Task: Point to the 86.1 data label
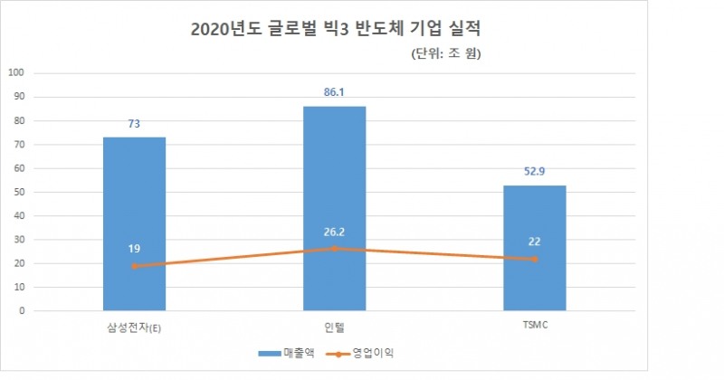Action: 335,94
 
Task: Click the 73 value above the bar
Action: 134,125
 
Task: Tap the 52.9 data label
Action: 535,173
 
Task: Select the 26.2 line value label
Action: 335,231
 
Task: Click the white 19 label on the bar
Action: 134,248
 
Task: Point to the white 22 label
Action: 535,241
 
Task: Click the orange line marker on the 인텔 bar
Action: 335,248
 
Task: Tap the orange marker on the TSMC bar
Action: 535,259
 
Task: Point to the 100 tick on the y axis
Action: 17,73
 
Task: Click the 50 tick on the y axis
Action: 20,192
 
